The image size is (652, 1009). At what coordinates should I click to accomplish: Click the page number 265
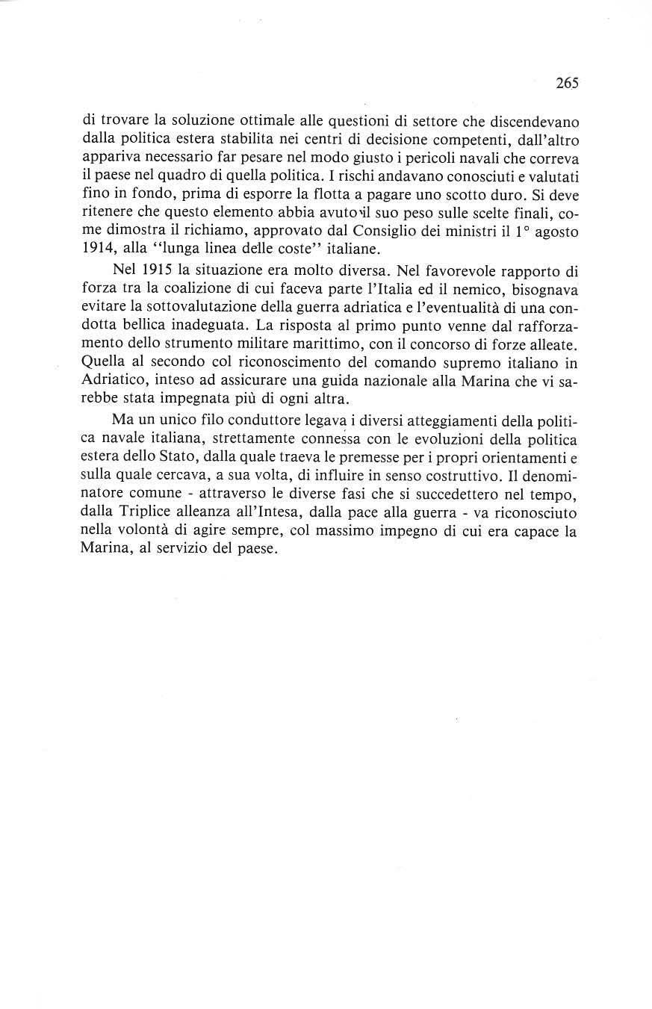click(x=567, y=84)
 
